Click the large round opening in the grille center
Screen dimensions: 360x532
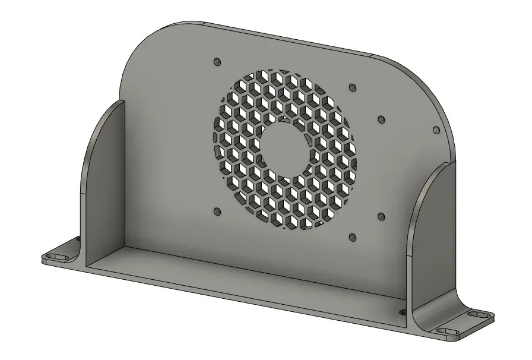coord(283,149)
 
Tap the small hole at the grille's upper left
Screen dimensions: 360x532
coord(216,61)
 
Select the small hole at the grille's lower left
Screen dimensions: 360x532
coord(216,211)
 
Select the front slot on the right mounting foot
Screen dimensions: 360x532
coord(446,330)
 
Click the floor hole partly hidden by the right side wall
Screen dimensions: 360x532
coord(403,311)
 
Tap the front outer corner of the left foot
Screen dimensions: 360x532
coord(43,259)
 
